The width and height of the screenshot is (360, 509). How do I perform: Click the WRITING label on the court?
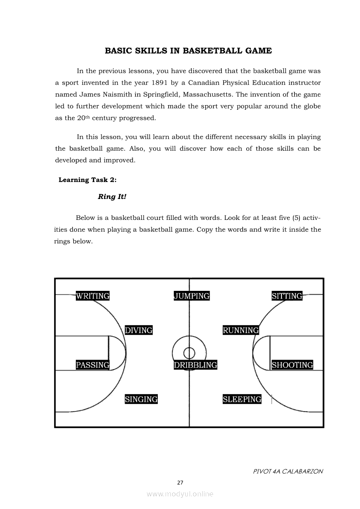(x=92, y=296)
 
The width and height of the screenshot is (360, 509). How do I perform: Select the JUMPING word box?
(x=192, y=296)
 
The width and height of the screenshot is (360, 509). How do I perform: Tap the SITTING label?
(x=287, y=296)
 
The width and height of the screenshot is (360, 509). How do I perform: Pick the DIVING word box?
(x=139, y=330)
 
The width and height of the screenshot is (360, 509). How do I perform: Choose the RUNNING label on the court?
(x=241, y=330)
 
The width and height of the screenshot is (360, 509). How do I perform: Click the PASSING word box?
(x=92, y=365)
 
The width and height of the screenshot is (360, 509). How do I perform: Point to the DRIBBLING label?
(x=195, y=365)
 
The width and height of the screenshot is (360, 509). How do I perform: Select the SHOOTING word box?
(x=292, y=365)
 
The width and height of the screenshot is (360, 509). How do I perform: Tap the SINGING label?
(x=141, y=399)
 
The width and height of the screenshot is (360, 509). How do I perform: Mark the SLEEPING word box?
(x=242, y=399)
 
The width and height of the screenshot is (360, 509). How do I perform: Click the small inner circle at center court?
(x=189, y=352)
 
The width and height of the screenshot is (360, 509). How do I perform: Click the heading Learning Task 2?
(x=88, y=180)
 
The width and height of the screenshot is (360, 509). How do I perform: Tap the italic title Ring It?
(x=112, y=196)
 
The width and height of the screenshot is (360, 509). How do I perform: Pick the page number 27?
(x=180, y=482)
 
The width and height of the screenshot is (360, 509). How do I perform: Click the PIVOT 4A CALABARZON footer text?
(x=288, y=471)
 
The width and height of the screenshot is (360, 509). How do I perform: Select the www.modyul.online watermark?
(x=180, y=494)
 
